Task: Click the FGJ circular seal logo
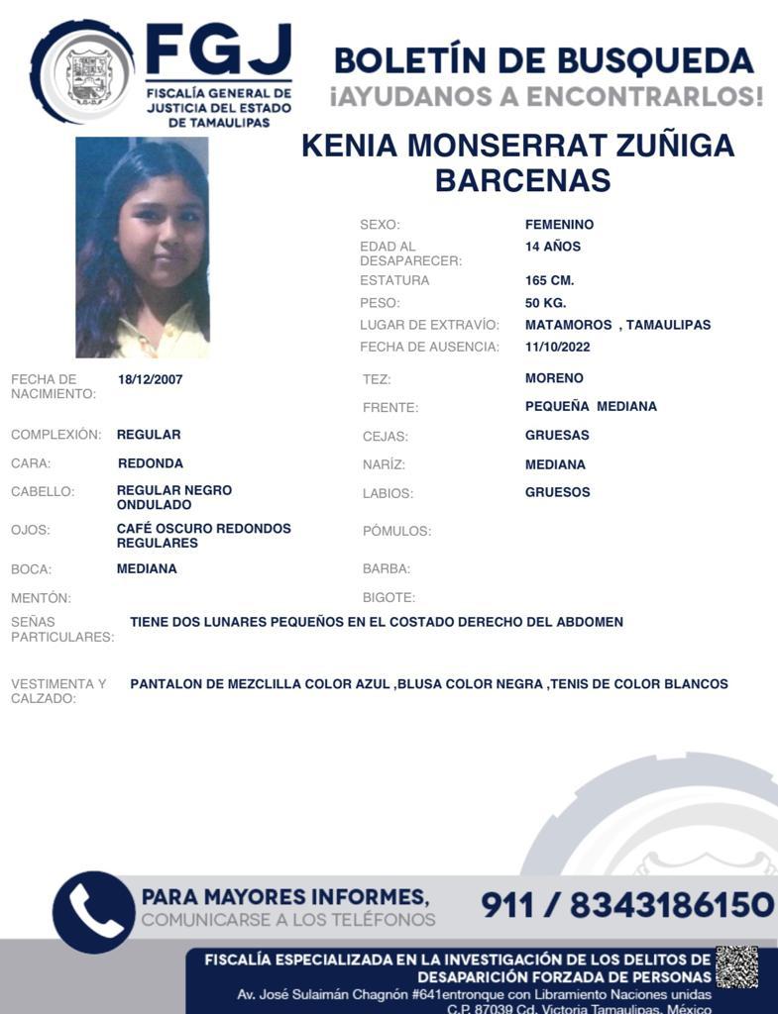tap(82, 72)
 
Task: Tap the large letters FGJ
tap(218, 51)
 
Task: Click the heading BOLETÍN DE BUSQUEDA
tap(543, 60)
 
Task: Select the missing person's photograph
tap(143, 248)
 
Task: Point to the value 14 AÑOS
tap(553, 247)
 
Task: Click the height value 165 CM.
tap(550, 280)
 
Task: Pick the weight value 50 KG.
tap(546, 303)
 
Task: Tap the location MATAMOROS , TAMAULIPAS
tap(617, 325)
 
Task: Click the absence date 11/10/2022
tap(558, 347)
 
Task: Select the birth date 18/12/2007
tap(150, 379)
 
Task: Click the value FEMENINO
tap(560, 225)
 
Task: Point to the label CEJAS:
tap(386, 436)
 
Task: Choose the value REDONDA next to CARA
tap(150, 463)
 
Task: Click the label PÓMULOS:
tap(396, 532)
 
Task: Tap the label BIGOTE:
tap(389, 598)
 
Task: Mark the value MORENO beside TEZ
tap(554, 378)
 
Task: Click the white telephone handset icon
tap(94, 912)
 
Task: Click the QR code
tap(736, 966)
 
